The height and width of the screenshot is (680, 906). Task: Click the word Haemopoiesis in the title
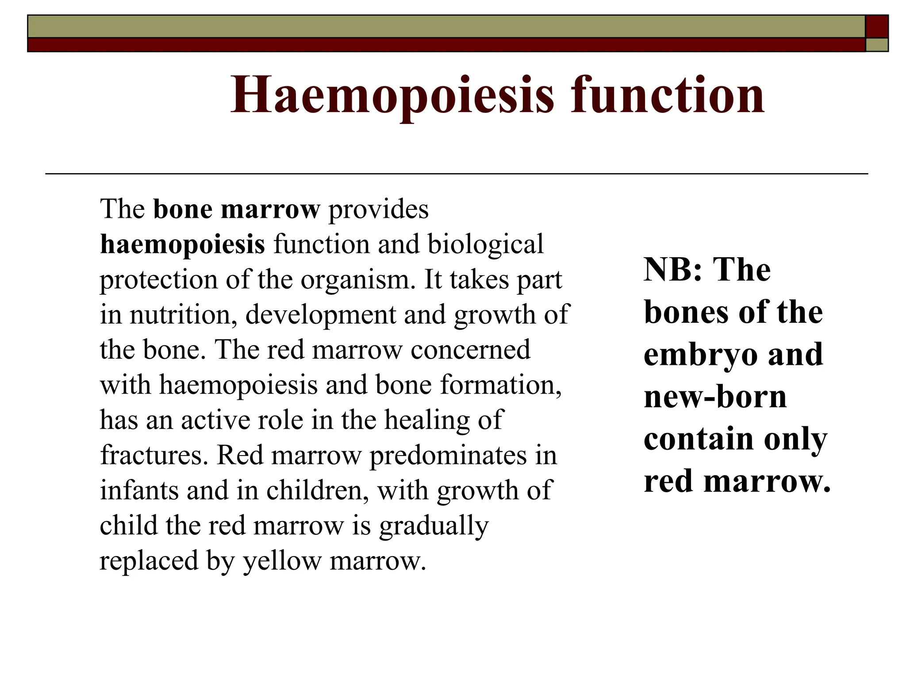[x=392, y=95]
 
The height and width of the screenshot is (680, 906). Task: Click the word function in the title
[x=668, y=95]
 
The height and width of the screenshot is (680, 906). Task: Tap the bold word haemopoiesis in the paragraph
[x=182, y=244]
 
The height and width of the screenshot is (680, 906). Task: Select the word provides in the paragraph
[x=378, y=209]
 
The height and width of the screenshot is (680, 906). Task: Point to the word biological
[x=485, y=244]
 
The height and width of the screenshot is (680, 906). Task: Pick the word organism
[x=358, y=280]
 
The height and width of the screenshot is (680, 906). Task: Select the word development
[x=321, y=315]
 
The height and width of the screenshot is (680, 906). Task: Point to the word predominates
[x=448, y=455]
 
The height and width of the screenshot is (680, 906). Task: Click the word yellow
[x=282, y=561]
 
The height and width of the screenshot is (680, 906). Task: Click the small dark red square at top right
[x=876, y=26]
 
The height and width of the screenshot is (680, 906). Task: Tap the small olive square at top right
[x=876, y=45]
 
